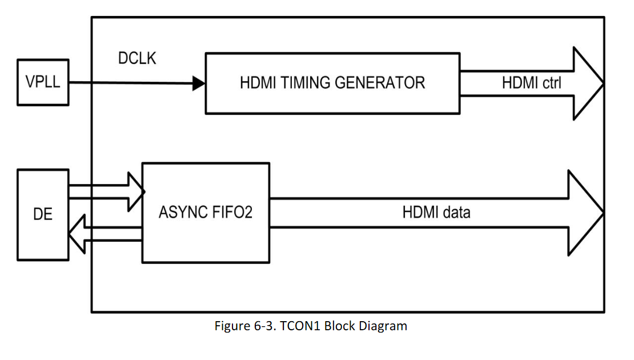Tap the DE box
[x=43, y=214]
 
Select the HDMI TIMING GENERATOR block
[x=332, y=83]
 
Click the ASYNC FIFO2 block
[x=206, y=213]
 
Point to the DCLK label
[x=137, y=58]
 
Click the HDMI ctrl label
[x=531, y=83]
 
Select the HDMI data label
[x=436, y=213]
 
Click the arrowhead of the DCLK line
[x=198, y=84]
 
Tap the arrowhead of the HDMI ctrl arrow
[x=588, y=83]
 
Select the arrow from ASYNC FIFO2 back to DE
[x=109, y=234]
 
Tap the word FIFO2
[x=231, y=213]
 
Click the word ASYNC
[x=183, y=213]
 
